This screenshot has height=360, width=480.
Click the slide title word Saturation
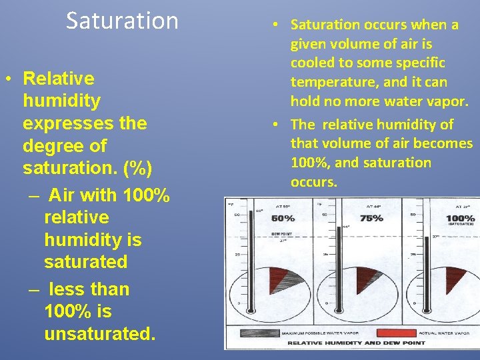pyautogui.click(x=122, y=21)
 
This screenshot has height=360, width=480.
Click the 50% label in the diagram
pyautogui.click(x=283, y=218)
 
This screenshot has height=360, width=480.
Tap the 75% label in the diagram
pyautogui.click(x=371, y=218)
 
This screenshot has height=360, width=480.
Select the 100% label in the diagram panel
pyautogui.click(x=460, y=219)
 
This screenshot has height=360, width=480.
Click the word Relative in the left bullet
pyautogui.click(x=59, y=79)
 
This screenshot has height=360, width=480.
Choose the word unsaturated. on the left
pyautogui.click(x=99, y=333)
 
